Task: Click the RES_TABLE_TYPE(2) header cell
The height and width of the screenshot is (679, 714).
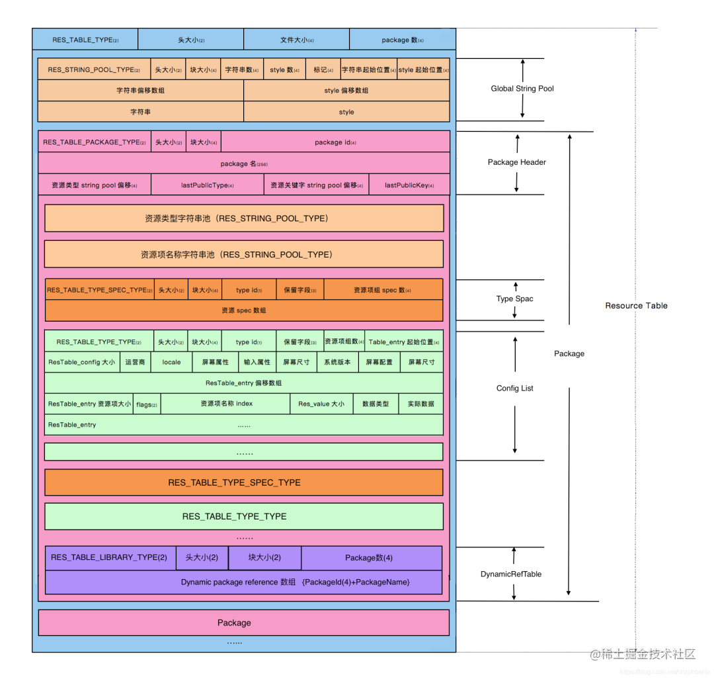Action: [x=85, y=40]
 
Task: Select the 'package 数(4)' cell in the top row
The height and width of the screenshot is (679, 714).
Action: [x=402, y=40]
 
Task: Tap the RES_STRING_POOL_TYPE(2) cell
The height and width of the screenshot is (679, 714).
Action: [x=94, y=69]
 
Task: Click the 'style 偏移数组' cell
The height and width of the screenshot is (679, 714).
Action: [x=346, y=91]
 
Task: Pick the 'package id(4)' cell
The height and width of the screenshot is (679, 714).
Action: [x=335, y=142]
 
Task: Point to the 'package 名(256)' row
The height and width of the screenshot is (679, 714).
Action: [x=243, y=163]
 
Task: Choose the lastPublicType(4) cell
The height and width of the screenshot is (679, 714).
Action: [x=207, y=185]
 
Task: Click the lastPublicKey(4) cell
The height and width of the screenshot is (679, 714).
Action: [x=409, y=185]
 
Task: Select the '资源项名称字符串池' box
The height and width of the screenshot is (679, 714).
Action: [x=243, y=254]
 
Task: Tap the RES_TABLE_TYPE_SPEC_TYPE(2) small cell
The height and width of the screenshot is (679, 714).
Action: [x=99, y=290]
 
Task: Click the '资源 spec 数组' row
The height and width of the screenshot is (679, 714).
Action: [x=243, y=310]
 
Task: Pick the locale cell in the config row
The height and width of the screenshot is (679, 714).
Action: [x=171, y=362]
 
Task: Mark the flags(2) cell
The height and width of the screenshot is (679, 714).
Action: [x=146, y=404]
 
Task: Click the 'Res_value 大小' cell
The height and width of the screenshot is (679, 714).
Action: [x=321, y=404]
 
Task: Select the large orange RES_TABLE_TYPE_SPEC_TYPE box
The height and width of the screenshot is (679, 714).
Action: [x=243, y=482]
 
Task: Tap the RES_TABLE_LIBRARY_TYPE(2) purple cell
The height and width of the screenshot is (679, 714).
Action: [x=110, y=557]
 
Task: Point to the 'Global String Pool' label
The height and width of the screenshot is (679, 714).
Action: [x=522, y=89]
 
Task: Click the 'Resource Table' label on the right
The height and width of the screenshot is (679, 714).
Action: [x=636, y=306]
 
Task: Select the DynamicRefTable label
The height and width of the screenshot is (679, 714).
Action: [x=510, y=574]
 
